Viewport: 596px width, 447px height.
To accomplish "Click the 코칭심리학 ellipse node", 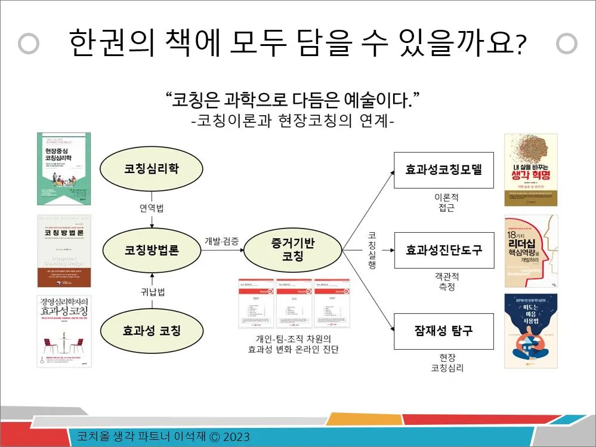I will point(152,169).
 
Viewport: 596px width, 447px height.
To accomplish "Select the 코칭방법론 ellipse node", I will point(152,250).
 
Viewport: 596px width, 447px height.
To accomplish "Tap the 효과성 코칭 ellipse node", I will point(152,331).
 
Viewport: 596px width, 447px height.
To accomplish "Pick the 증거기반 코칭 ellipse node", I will point(292,250).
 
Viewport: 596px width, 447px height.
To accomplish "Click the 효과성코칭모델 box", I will point(443,169).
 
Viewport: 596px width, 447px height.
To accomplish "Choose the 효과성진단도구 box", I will point(443,250).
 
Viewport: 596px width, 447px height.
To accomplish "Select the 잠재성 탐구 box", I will point(443,331).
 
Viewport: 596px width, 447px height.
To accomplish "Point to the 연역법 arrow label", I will point(152,208).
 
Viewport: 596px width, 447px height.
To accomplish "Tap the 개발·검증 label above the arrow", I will point(221,241).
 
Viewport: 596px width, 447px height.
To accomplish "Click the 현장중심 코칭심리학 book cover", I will point(64,169).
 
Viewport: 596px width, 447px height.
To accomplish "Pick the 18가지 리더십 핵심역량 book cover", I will point(530,251).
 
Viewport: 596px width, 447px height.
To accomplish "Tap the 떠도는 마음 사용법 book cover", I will point(530,330).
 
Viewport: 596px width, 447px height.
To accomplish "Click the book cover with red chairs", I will point(64,331).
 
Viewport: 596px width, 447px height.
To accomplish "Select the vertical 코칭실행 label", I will point(372,250).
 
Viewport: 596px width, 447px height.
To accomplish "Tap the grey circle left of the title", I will point(29,43).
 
